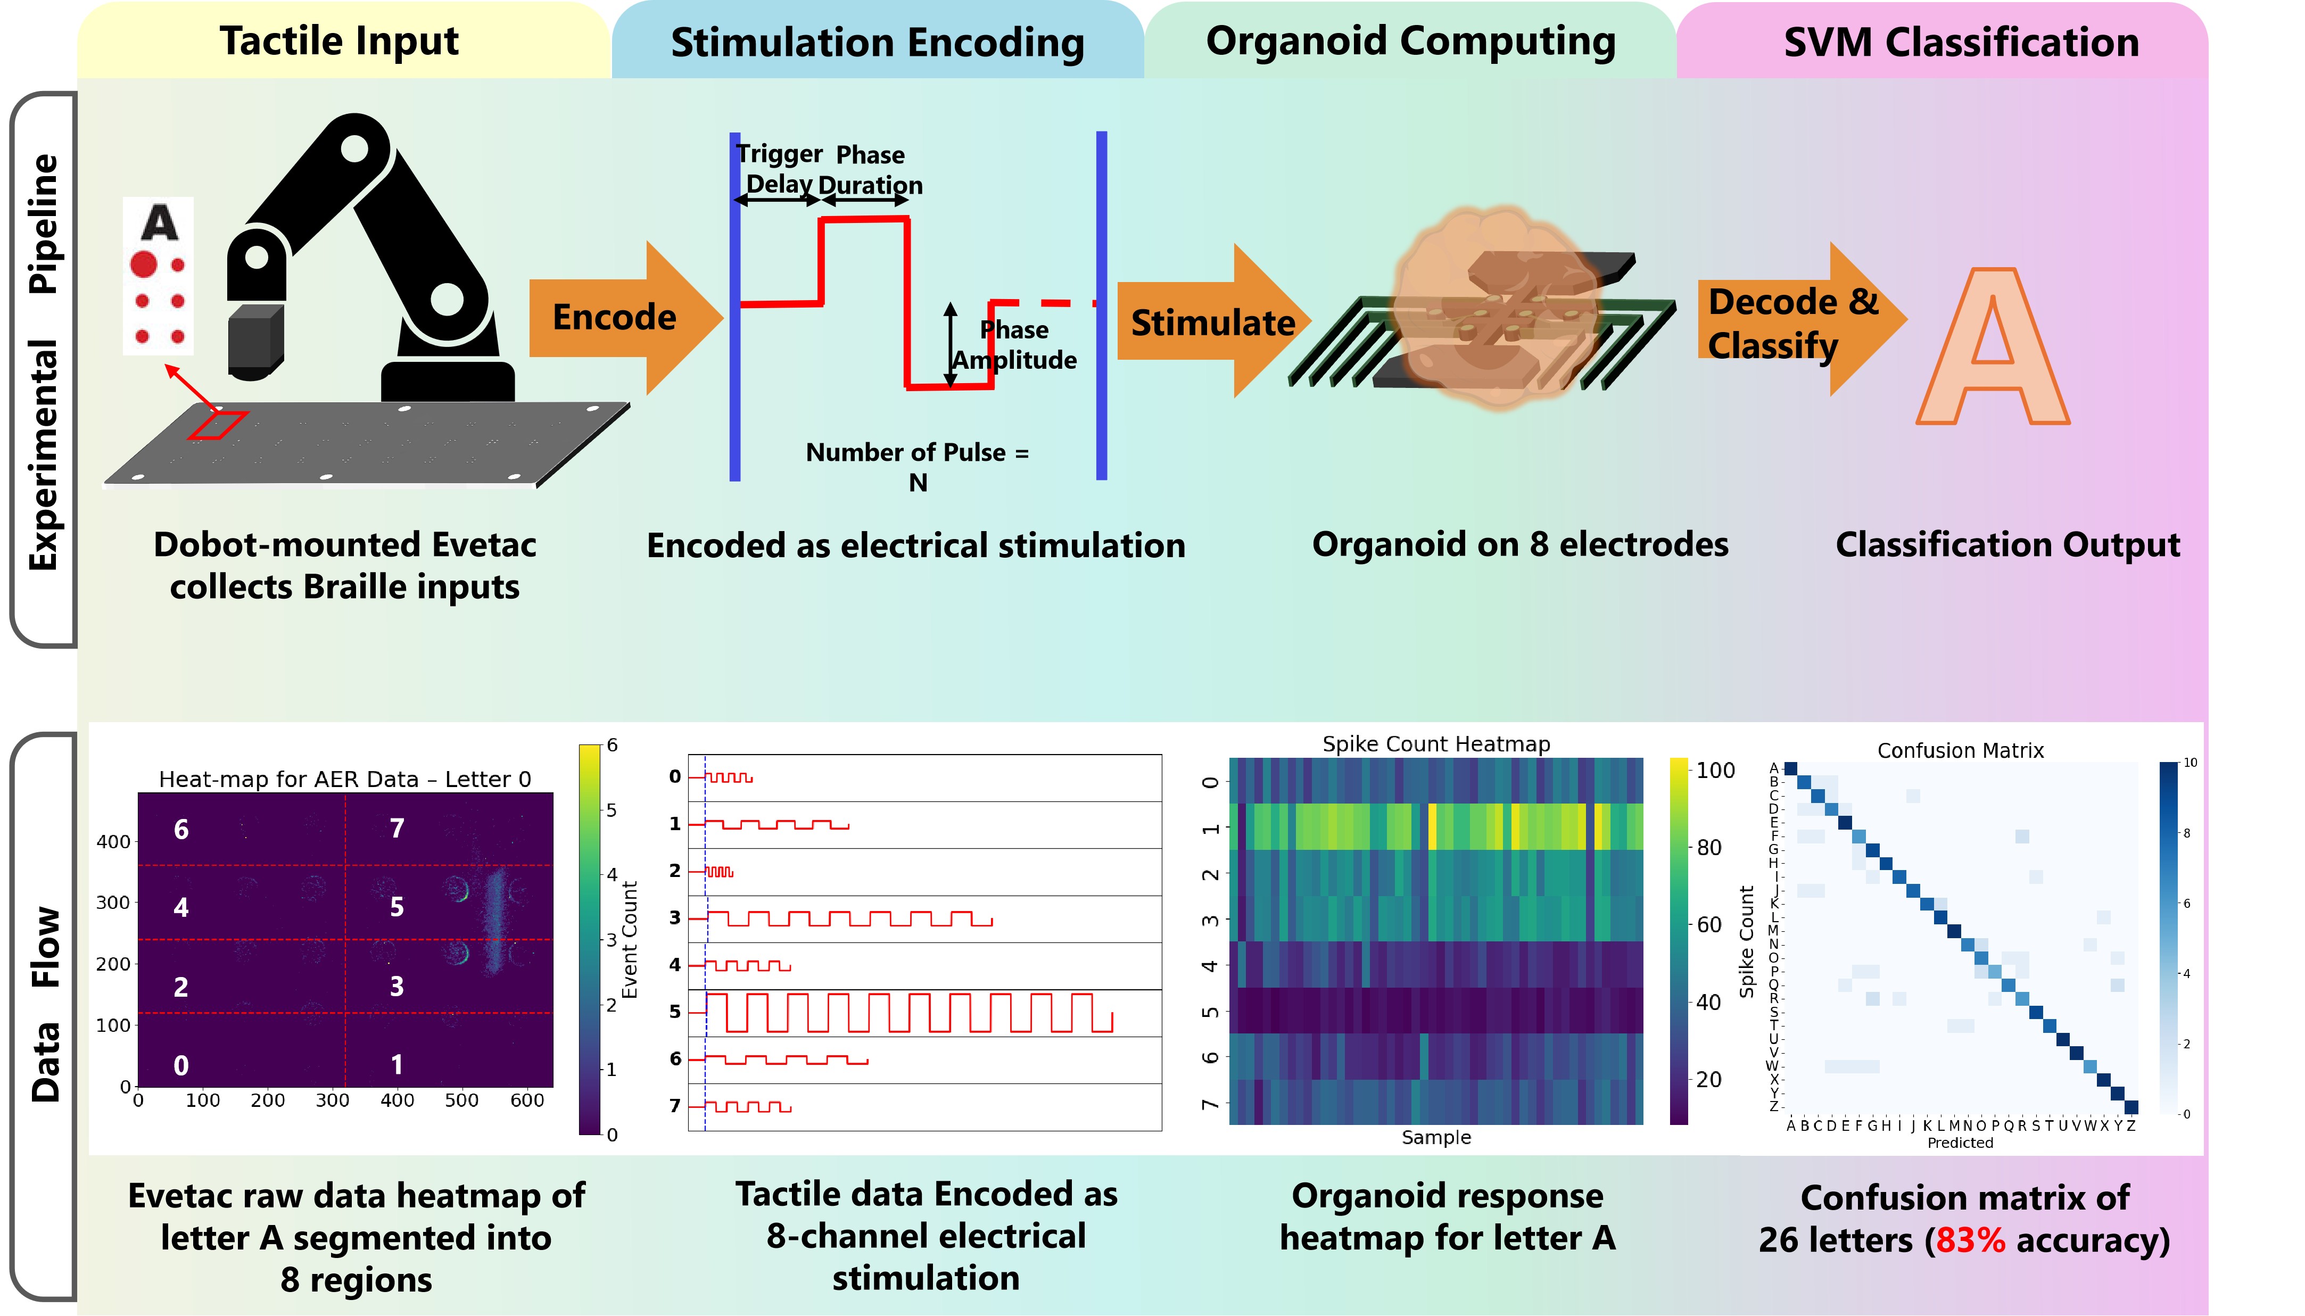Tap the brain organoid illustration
click(1496, 307)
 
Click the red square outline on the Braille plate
click(218, 425)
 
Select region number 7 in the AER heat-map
click(397, 828)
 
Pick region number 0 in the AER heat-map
click(181, 1066)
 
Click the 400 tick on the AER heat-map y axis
click(114, 841)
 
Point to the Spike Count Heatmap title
click(1435, 744)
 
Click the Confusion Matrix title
click(1960, 750)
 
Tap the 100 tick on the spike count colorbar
click(1715, 770)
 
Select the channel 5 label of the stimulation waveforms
click(674, 1012)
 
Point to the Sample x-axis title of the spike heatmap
click(1435, 1137)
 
